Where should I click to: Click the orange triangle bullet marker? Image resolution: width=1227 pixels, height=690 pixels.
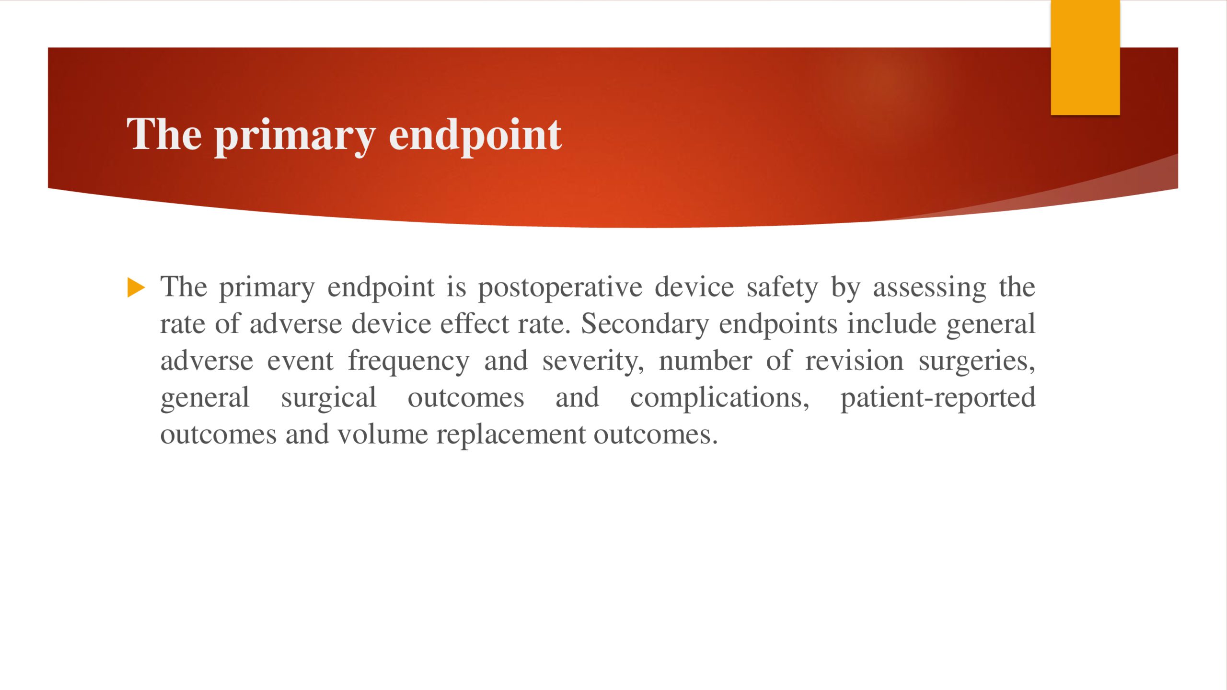click(x=136, y=287)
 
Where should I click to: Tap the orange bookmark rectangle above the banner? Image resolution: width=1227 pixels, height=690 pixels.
click(x=1085, y=57)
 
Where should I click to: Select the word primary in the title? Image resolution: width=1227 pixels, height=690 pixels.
click(x=295, y=137)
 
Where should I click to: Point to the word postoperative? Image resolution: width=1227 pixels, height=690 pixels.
click(x=560, y=288)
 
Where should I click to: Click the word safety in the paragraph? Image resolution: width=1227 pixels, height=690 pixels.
click(x=782, y=288)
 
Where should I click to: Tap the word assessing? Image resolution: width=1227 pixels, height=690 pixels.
click(x=929, y=288)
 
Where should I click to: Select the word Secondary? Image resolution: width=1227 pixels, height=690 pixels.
click(x=645, y=324)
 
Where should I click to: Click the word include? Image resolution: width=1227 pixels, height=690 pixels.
click(x=891, y=323)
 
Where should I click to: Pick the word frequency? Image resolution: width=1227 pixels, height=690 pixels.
click(x=408, y=361)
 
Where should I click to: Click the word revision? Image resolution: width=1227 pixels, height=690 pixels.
click(x=854, y=361)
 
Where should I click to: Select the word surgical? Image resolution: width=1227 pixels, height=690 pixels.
click(x=329, y=398)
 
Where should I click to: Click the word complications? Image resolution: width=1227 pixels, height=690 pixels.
click(x=719, y=398)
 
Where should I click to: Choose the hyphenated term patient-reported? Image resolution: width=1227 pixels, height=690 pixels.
click(x=938, y=398)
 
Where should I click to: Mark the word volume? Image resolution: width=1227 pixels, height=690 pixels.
click(x=382, y=435)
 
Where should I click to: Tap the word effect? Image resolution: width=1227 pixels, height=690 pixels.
click(x=475, y=323)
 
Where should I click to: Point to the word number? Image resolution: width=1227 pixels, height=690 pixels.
click(x=705, y=361)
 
